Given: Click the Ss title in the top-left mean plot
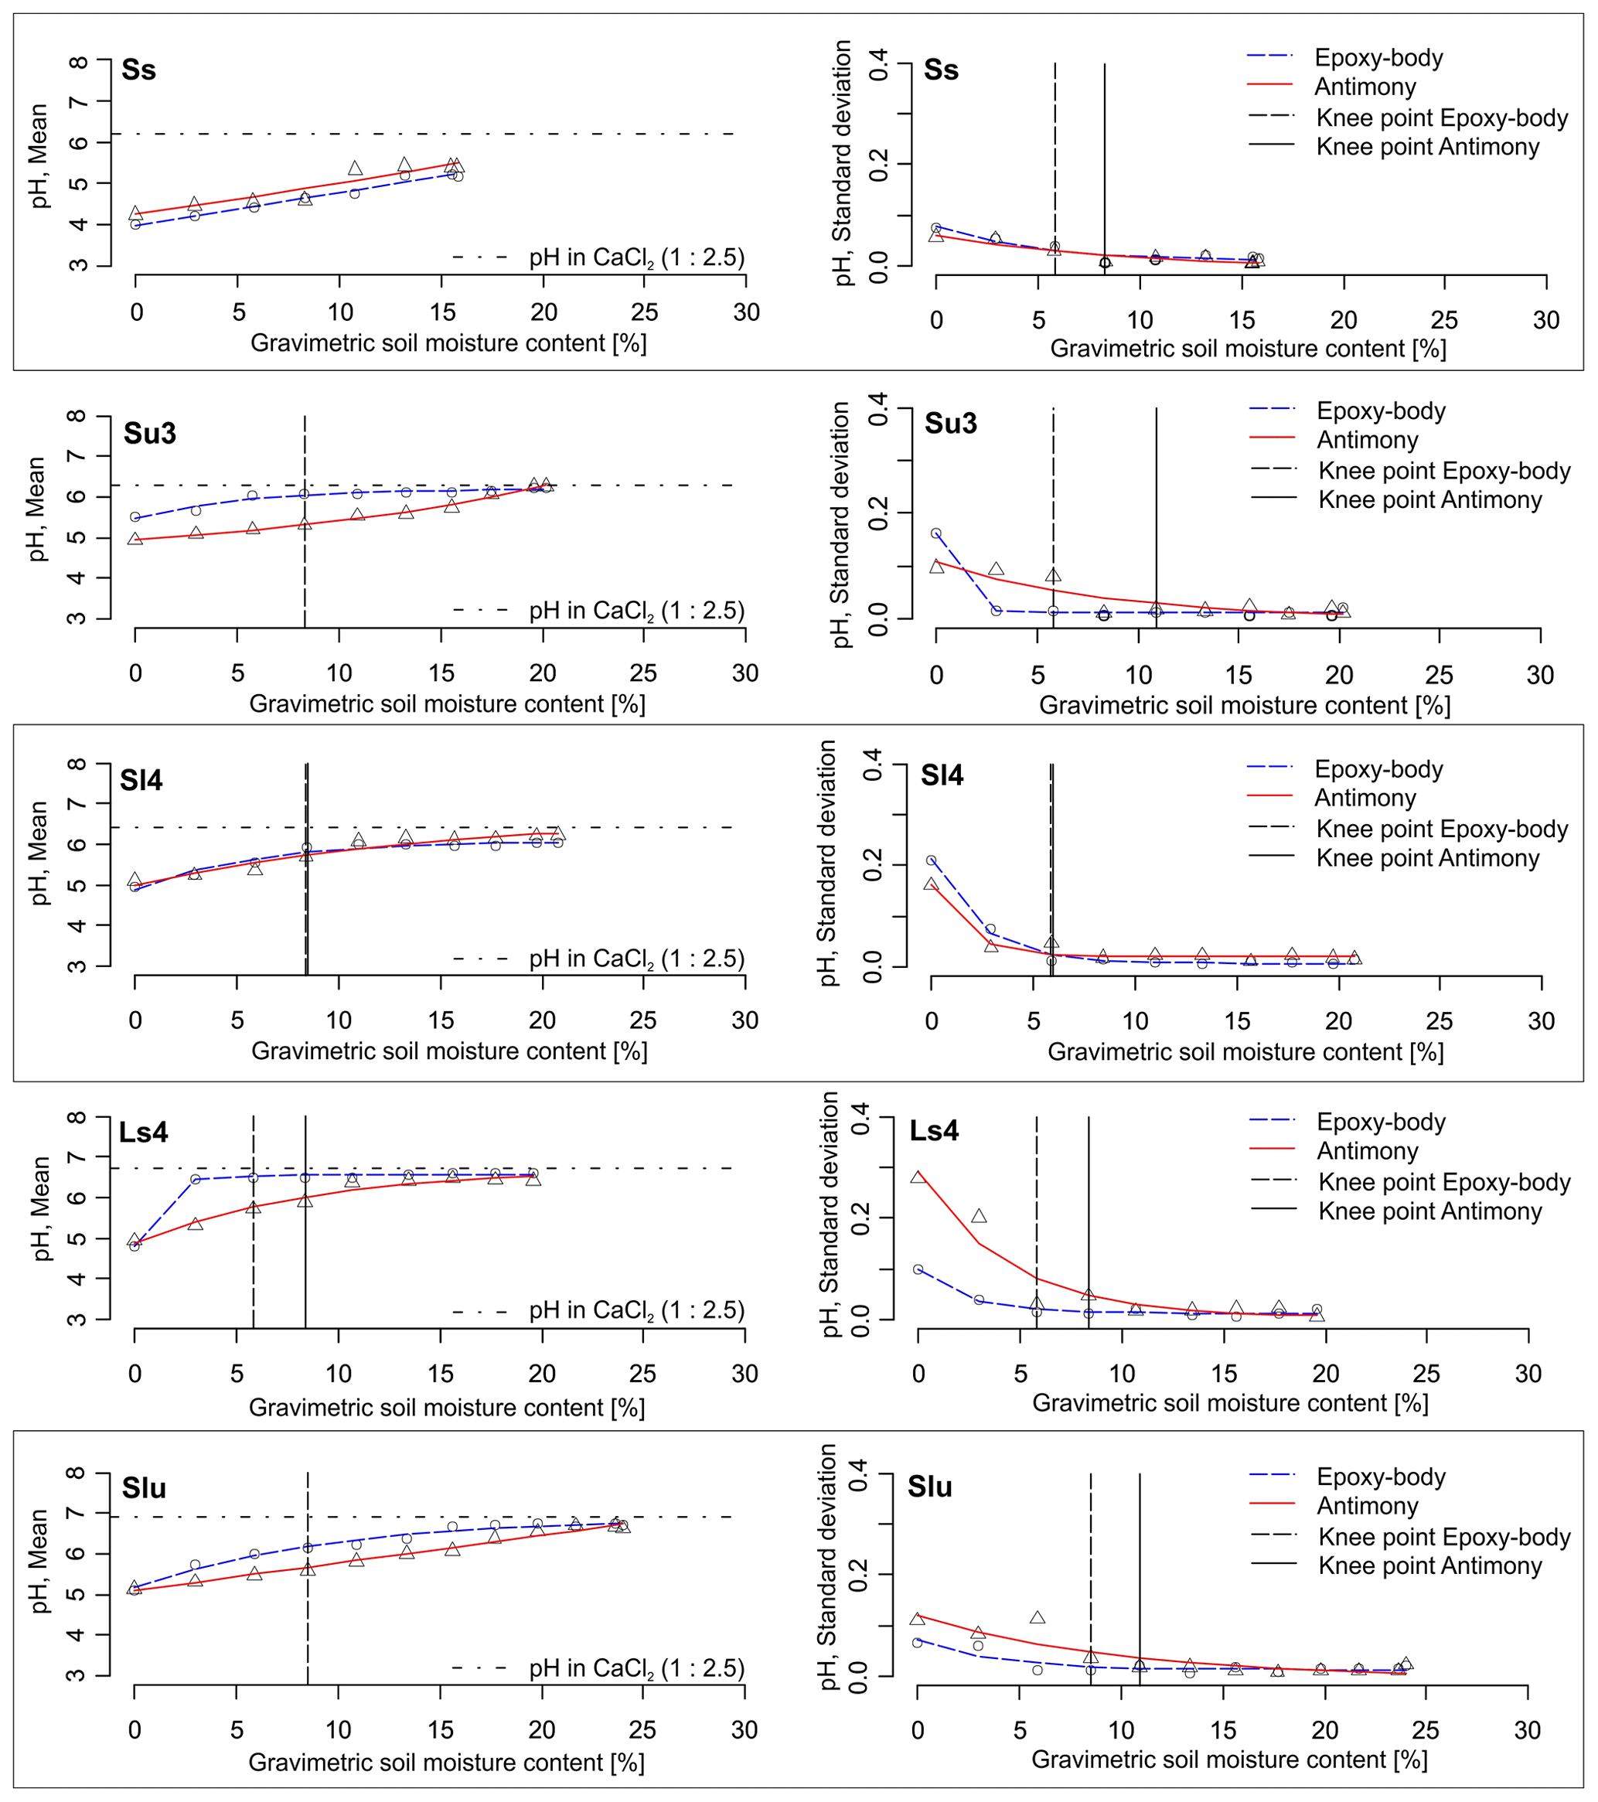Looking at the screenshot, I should point(138,70).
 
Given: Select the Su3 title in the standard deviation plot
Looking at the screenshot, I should point(950,424).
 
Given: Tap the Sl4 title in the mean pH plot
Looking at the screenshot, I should point(141,780).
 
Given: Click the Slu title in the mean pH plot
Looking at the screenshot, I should point(144,1488).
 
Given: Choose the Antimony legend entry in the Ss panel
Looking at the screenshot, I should point(1365,87).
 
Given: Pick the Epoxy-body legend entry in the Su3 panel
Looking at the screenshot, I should point(1380,410).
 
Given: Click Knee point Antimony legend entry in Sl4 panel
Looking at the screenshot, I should point(1427,858).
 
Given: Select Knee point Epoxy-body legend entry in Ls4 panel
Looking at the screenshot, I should point(1443,1182).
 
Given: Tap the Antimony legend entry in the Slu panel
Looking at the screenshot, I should point(1367,1506).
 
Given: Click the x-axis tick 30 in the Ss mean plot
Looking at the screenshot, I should point(746,312).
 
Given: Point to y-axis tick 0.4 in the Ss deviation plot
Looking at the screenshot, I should point(879,64).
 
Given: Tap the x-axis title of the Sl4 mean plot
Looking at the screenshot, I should point(449,1052).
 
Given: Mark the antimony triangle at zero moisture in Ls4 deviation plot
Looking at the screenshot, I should point(918,1176).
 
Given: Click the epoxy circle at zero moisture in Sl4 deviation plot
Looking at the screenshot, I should point(931,860).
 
